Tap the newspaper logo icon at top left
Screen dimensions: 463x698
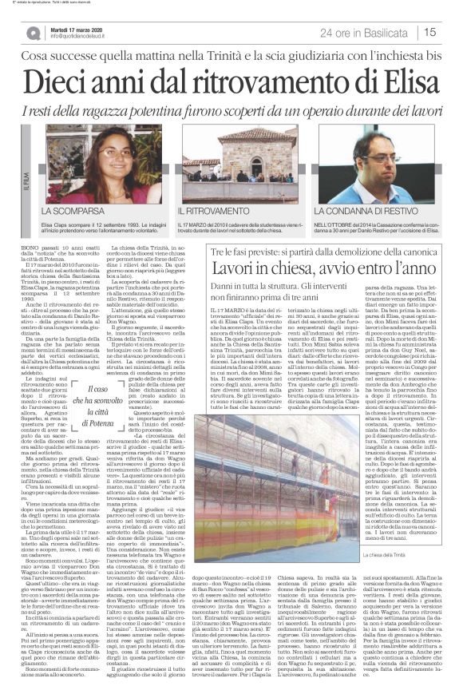coord(33,33)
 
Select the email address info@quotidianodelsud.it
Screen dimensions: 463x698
coord(84,36)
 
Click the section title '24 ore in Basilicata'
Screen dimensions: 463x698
coord(360,33)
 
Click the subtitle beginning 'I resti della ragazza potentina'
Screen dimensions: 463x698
coord(231,113)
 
